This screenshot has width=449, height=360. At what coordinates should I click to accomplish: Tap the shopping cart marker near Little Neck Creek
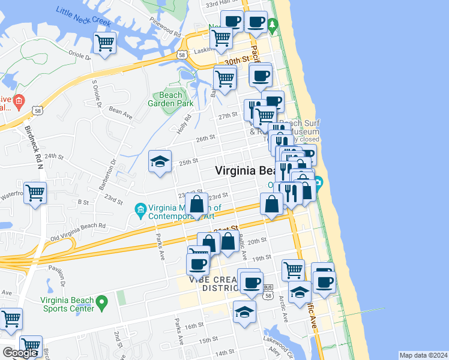point(104,43)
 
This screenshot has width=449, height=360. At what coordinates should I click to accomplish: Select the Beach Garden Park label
point(170,99)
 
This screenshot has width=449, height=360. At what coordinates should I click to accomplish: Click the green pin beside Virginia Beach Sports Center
point(102,300)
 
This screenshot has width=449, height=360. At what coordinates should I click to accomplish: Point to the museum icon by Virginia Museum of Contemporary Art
point(141,208)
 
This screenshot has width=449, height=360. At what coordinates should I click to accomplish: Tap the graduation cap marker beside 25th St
point(160,161)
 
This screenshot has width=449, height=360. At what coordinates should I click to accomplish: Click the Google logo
point(20,353)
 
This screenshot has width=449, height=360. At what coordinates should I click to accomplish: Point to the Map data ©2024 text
point(423,355)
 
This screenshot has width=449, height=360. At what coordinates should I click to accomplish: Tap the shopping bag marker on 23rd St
point(197,205)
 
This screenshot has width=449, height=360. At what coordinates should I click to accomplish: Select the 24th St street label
point(53,156)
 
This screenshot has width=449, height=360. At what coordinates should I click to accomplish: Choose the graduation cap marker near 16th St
point(244,312)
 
